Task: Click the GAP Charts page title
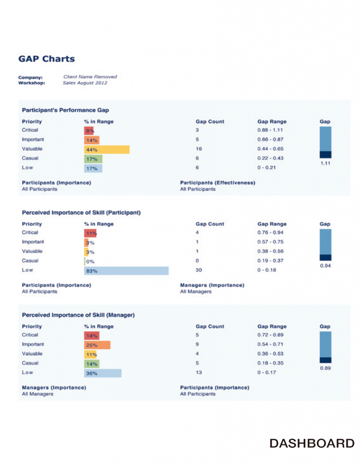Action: pyautogui.click(x=46, y=59)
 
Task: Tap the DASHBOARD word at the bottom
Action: pyautogui.click(x=312, y=443)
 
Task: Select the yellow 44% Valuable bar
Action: pyautogui.click(x=106, y=149)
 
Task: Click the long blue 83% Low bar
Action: pyautogui.click(x=126, y=271)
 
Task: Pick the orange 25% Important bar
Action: pyautogui.click(x=97, y=345)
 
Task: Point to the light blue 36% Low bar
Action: pyautogui.click(x=103, y=373)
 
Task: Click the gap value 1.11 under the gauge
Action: pyautogui.click(x=325, y=163)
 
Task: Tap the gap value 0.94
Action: pyautogui.click(x=325, y=266)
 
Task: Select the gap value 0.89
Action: pyautogui.click(x=325, y=368)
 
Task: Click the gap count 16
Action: pyautogui.click(x=199, y=149)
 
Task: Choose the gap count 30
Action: pyautogui.click(x=199, y=270)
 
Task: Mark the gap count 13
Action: pyautogui.click(x=199, y=373)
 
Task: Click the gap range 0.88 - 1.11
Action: pyautogui.click(x=270, y=130)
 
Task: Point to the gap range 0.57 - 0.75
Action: pyautogui.click(x=270, y=242)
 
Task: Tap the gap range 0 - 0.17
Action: pyautogui.click(x=267, y=373)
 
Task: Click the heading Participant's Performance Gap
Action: pyautogui.click(x=66, y=110)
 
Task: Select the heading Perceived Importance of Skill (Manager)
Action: pyautogui.click(x=78, y=315)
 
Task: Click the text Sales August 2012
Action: pyautogui.click(x=85, y=83)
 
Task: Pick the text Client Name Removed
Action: pyautogui.click(x=90, y=77)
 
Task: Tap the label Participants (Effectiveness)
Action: pyautogui.click(x=218, y=182)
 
